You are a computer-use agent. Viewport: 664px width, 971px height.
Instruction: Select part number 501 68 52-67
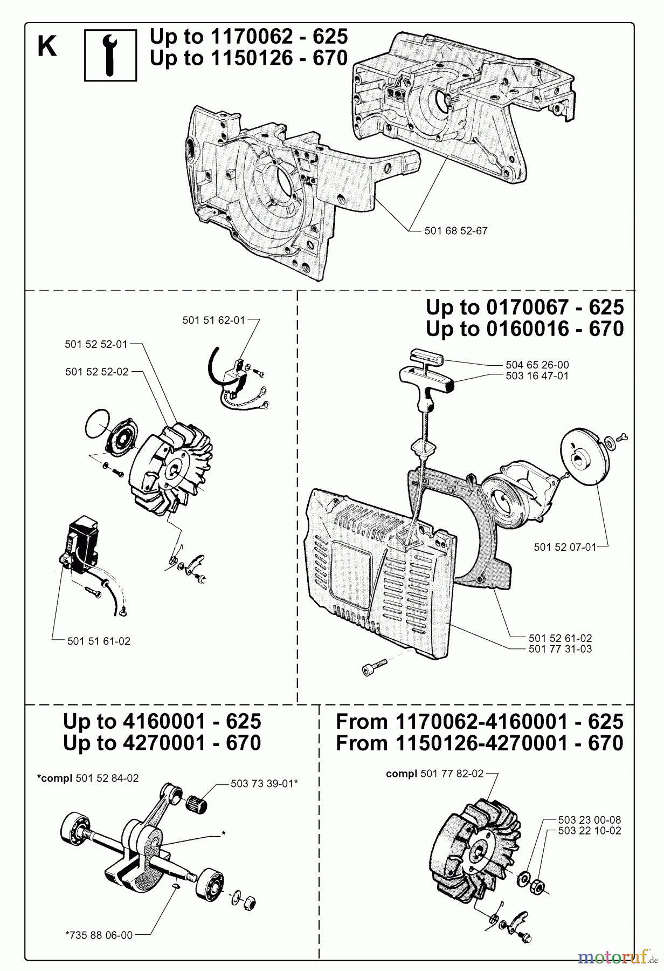[455, 231]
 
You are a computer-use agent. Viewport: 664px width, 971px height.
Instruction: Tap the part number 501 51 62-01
[213, 320]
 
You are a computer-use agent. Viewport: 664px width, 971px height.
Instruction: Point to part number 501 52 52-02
[97, 372]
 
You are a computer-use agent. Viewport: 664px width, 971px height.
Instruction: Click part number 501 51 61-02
[99, 641]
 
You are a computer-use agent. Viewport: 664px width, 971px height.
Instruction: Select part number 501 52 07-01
[565, 547]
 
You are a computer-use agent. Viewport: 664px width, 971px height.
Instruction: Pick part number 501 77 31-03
[560, 649]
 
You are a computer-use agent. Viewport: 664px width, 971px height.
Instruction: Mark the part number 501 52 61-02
[560, 638]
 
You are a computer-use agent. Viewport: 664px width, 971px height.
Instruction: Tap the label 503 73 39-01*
[264, 784]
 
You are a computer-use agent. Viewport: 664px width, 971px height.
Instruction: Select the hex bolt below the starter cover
[375, 667]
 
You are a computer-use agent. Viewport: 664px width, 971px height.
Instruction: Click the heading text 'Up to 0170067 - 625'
[524, 307]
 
